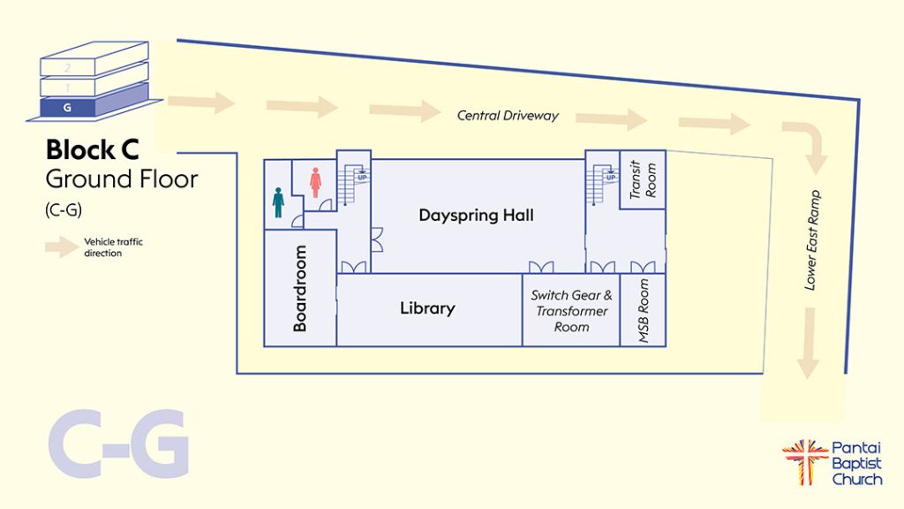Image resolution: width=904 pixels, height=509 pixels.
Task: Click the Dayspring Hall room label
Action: click(x=476, y=216)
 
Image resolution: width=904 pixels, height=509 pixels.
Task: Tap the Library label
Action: click(x=427, y=308)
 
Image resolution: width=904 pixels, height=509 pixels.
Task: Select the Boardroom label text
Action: click(x=300, y=289)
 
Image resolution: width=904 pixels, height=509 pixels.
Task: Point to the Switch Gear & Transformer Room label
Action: click(x=571, y=311)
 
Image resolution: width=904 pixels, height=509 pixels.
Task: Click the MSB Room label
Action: click(x=644, y=311)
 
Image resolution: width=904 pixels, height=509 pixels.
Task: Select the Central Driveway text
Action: click(x=508, y=116)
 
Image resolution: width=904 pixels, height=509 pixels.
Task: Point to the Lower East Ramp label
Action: click(x=812, y=239)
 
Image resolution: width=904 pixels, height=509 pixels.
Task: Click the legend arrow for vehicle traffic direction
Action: click(x=62, y=247)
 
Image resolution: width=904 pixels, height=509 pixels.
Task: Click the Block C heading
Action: click(x=92, y=148)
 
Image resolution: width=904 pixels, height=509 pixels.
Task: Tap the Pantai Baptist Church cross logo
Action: click(x=804, y=462)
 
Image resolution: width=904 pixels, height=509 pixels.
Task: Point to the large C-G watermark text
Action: click(x=118, y=444)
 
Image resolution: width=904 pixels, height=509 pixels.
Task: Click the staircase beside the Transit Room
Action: click(x=605, y=180)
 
